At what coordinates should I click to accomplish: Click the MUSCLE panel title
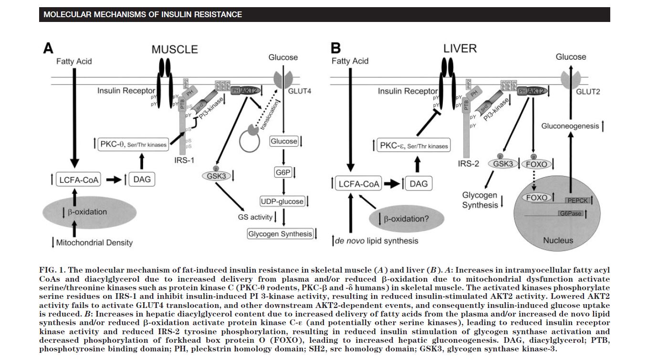(x=175, y=50)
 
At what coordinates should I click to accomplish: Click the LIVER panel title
(x=460, y=49)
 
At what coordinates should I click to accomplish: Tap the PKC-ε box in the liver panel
(x=413, y=145)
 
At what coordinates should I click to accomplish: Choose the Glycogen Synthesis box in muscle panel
(x=280, y=234)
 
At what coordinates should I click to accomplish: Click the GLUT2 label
(x=588, y=92)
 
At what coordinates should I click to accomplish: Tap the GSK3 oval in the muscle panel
(x=215, y=175)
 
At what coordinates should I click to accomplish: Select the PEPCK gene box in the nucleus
(x=576, y=200)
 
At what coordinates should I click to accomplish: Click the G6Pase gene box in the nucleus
(x=571, y=213)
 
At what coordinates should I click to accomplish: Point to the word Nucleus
(x=558, y=240)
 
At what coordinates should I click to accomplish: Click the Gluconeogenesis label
(x=570, y=126)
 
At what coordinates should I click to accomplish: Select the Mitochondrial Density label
(x=94, y=243)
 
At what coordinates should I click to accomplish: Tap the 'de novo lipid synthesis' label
(x=376, y=241)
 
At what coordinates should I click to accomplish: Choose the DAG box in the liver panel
(x=418, y=183)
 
